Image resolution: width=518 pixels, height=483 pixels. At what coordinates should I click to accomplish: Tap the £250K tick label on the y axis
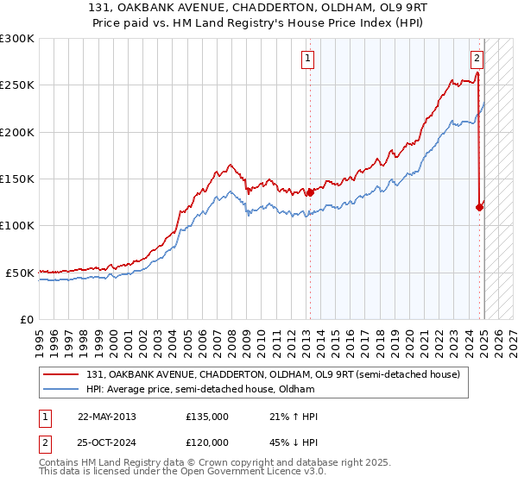17,85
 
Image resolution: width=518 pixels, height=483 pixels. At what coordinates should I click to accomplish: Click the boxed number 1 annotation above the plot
308,59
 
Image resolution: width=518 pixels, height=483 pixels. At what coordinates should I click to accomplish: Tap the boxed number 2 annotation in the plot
477,59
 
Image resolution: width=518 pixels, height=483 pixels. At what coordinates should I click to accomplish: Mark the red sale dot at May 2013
309,193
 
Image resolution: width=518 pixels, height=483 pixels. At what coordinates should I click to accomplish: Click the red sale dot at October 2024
479,207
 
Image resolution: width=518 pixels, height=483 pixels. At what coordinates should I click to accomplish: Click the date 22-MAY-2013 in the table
106,417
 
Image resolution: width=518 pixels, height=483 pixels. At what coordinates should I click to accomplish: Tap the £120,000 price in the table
207,441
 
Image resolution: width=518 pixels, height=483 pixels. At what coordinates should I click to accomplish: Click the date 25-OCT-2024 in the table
106,441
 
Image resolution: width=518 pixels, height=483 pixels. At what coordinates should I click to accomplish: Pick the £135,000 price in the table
207,417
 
